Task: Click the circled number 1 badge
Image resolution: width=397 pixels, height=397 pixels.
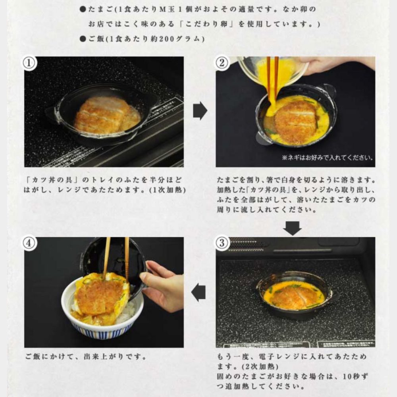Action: pos(29,63)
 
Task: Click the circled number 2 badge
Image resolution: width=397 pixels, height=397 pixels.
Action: pos(222,63)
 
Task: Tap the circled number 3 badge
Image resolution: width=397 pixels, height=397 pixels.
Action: pos(222,243)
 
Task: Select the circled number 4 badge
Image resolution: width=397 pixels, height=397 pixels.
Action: pos(29,243)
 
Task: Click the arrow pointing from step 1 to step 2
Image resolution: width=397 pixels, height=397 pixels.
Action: pos(200,111)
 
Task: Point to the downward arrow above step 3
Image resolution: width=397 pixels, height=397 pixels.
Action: pos(293,228)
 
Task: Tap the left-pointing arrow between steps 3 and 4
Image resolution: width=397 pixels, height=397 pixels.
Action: pos(198,293)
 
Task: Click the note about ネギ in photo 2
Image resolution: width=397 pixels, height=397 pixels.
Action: pos(328,158)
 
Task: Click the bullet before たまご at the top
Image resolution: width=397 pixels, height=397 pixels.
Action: pos(83,10)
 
